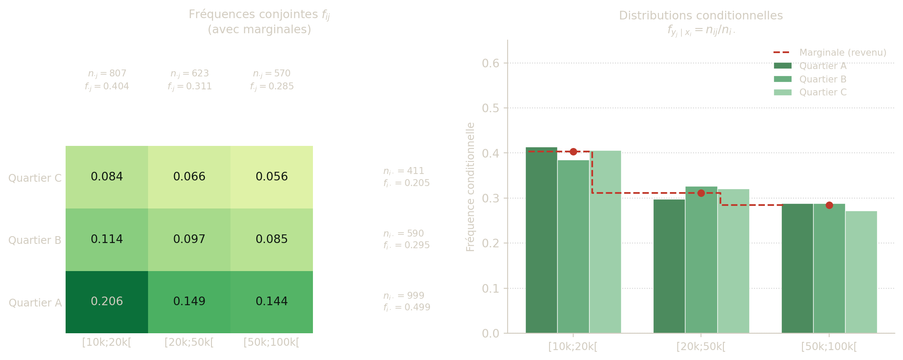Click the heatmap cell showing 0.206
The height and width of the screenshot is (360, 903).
point(107,301)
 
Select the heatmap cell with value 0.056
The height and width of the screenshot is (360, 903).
point(272,177)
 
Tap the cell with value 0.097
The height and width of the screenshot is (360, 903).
point(189,239)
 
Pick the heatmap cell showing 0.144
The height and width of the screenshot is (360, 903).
point(272,301)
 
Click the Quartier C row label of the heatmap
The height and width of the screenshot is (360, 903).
point(35,178)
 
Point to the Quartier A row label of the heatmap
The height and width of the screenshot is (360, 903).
point(35,303)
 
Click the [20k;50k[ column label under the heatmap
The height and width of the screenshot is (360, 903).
point(189,342)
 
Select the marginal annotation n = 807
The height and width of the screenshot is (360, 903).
point(107,73)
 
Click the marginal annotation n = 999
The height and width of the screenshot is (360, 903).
point(404,296)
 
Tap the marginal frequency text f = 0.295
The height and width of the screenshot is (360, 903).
point(407,245)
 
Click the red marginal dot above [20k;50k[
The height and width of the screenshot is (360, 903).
point(701,193)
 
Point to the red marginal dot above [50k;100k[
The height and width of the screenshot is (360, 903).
point(829,205)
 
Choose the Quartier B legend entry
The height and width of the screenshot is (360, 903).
point(823,79)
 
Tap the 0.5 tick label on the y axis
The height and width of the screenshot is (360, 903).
point(490,108)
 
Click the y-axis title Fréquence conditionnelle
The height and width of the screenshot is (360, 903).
point(470,186)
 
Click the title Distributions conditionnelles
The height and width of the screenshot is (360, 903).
point(701,16)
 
